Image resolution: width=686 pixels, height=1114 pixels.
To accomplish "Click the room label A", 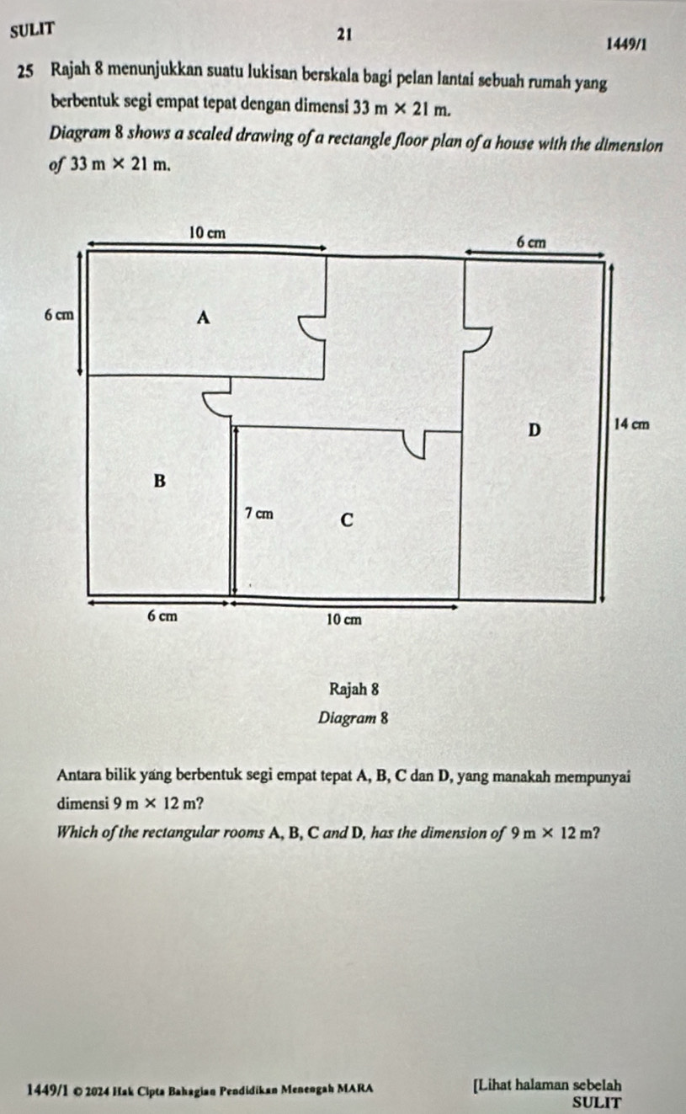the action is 203,317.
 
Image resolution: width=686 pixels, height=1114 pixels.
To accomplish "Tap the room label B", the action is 160,481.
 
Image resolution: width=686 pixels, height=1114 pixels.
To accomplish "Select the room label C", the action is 347,520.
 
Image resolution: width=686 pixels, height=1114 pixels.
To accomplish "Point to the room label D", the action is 534,429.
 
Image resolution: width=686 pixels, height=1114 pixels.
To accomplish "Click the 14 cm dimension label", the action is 632,424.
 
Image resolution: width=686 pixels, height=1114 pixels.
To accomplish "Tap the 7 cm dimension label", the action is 259,514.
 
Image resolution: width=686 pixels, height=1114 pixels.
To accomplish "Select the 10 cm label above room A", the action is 207,232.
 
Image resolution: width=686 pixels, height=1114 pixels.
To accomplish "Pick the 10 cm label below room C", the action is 344,620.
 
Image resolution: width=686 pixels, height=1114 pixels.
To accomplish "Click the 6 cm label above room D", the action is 531,243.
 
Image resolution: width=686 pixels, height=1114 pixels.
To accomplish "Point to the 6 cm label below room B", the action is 162,616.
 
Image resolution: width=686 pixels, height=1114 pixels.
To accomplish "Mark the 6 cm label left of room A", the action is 59,315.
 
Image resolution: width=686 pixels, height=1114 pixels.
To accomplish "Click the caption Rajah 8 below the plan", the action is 354,690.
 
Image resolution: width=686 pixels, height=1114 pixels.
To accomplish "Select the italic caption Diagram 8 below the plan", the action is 354,718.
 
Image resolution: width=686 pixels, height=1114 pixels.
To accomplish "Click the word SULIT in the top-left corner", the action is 32,30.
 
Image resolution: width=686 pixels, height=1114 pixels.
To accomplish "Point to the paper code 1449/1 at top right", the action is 627,45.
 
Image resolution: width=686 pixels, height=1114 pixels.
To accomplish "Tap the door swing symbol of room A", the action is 311,328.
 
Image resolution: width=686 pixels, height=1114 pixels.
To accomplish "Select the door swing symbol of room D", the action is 478,339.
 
